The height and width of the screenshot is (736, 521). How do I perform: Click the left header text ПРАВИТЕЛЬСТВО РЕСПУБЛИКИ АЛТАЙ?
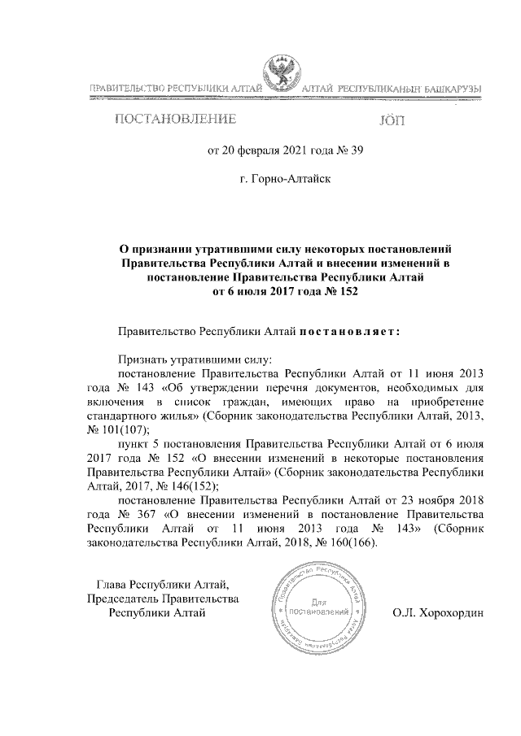[174, 86]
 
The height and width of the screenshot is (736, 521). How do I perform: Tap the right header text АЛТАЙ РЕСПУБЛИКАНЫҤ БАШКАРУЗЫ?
[392, 86]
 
